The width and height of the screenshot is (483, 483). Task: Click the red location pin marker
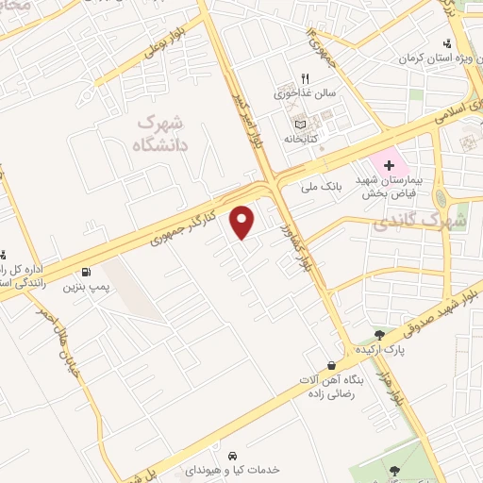(x=243, y=222)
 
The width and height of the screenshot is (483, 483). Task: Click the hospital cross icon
(x=389, y=164)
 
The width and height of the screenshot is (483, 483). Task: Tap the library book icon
(x=300, y=124)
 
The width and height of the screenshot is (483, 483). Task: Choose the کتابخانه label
(x=305, y=139)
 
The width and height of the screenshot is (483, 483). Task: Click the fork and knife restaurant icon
(x=305, y=78)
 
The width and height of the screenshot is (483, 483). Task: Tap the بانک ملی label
(x=320, y=187)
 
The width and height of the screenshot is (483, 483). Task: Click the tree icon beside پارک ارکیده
(x=379, y=335)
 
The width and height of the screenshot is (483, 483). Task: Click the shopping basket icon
(x=331, y=365)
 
